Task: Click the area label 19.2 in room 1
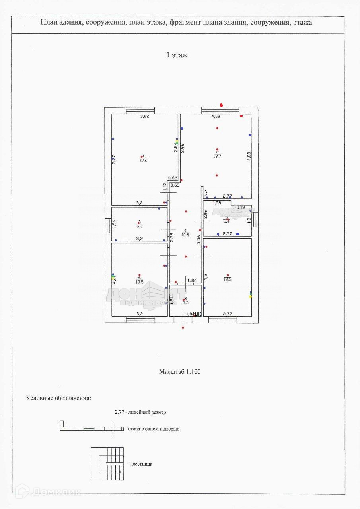tap(143, 160)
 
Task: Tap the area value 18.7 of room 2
tap(217, 156)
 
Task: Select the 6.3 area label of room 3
tap(139, 226)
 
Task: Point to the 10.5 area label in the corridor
tap(185, 235)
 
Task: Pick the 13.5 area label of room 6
tap(139, 282)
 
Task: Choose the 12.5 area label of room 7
tap(227, 280)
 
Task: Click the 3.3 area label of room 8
tap(185, 303)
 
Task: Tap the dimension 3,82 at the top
tap(144, 117)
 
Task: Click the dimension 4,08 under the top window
tap(216, 117)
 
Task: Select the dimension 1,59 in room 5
tap(217, 203)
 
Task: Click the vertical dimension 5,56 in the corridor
tap(198, 239)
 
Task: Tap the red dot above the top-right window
tap(222, 105)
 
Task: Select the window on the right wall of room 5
tap(255, 219)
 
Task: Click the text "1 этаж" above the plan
tap(177, 55)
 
